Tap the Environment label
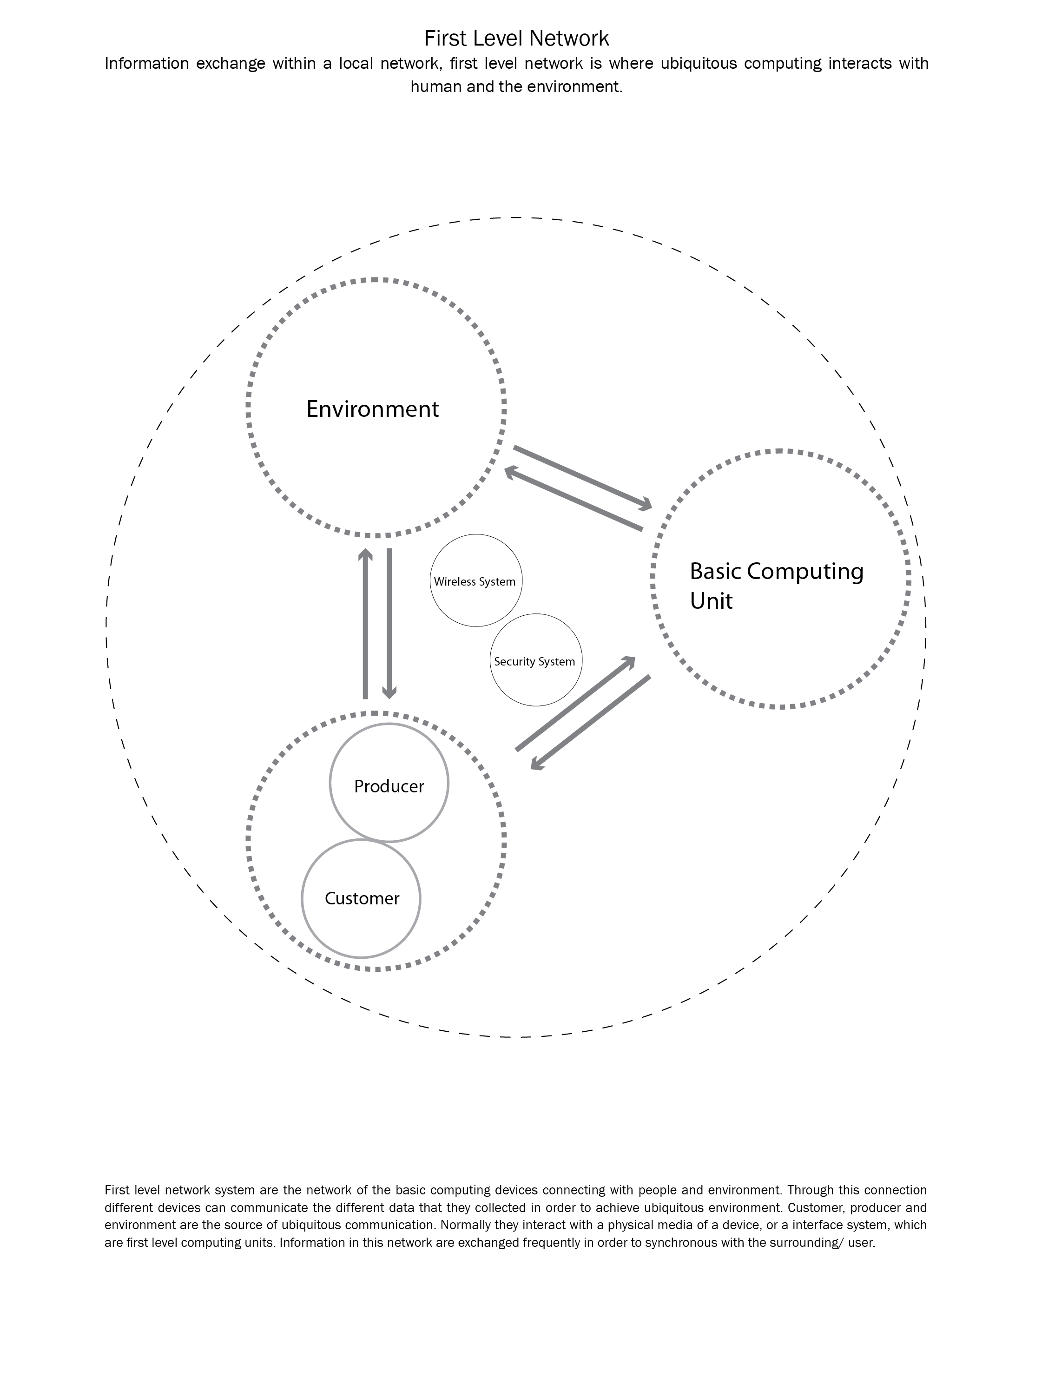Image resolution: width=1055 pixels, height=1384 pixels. pyautogui.click(x=372, y=409)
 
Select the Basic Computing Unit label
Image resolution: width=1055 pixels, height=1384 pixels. pyautogui.click(x=776, y=585)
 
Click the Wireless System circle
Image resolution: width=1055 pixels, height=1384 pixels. pyautogui.click(x=475, y=581)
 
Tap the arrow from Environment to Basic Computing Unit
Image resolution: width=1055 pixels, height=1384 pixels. pyautogui.click(x=583, y=477)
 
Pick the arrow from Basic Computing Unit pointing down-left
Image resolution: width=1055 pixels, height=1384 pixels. pyautogui.click(x=590, y=722)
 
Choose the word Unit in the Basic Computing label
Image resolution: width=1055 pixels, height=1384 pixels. pyautogui.click(x=711, y=601)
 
